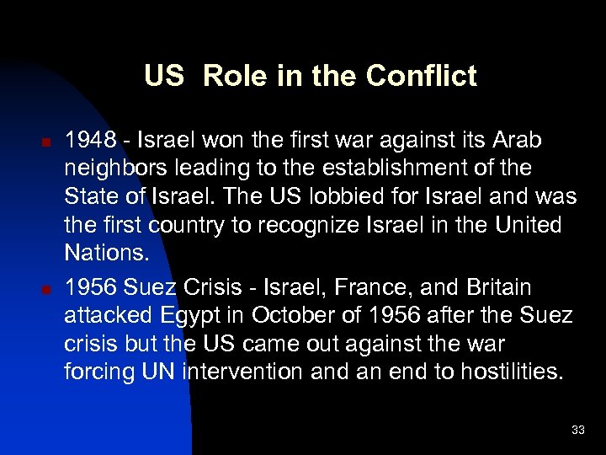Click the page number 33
pos(577,431)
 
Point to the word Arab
pos(516,140)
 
